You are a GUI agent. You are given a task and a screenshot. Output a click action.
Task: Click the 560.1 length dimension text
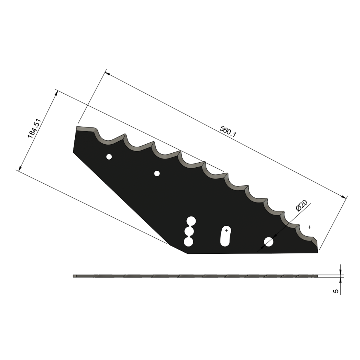[x=228, y=131]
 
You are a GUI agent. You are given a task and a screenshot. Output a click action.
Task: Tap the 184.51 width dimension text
[x=34, y=128]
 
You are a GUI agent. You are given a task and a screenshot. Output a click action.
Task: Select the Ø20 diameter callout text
[x=301, y=205]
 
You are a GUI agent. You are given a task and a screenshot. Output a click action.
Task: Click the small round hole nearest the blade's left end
[x=109, y=157]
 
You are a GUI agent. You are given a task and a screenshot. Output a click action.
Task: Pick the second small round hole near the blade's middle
[x=157, y=173]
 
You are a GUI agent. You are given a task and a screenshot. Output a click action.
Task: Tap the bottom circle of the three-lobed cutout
[x=188, y=242]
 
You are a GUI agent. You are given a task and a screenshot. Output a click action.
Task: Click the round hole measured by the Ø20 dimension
[x=268, y=242]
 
